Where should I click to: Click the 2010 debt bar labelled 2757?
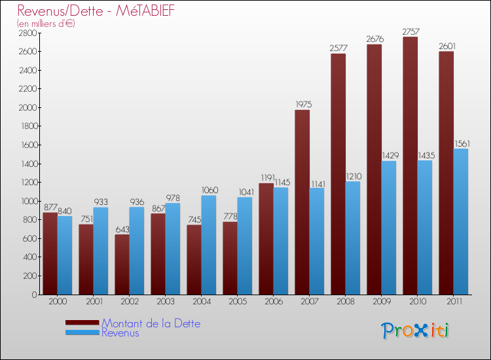click(x=410, y=166)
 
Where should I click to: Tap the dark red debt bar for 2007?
click(x=302, y=202)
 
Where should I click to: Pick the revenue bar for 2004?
click(x=208, y=245)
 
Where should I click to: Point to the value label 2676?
click(x=374, y=39)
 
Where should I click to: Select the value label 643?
click(x=122, y=229)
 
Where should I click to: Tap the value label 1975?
click(x=302, y=105)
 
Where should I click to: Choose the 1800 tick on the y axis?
click(x=27, y=126)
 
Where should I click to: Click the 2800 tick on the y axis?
click(x=27, y=33)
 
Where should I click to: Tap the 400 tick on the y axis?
click(x=29, y=257)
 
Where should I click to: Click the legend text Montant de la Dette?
click(x=151, y=323)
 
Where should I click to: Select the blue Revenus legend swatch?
click(x=82, y=333)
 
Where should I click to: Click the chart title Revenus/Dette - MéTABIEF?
click(x=96, y=11)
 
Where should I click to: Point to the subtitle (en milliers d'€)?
click(x=46, y=24)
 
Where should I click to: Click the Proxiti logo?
click(x=416, y=331)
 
